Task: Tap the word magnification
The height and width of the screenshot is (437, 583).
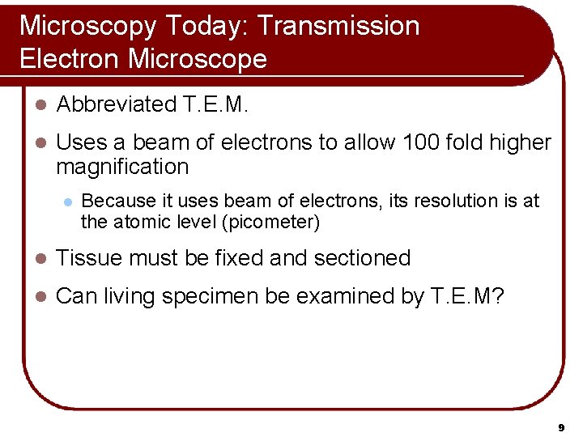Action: click(122, 168)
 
